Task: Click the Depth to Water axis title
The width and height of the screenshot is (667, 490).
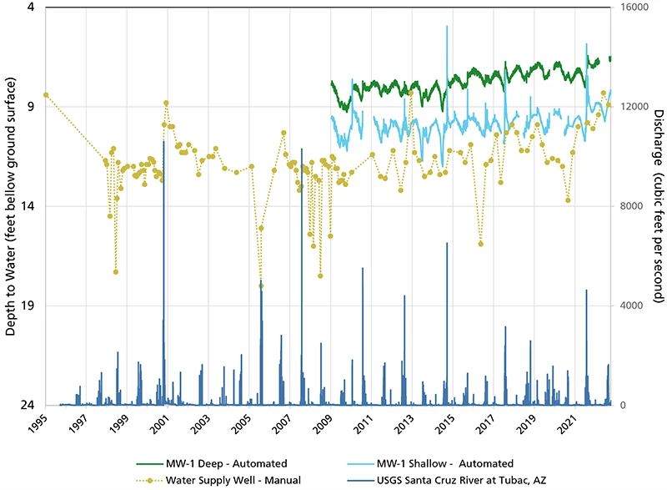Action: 11,206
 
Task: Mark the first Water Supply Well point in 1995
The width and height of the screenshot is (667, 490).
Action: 46,95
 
